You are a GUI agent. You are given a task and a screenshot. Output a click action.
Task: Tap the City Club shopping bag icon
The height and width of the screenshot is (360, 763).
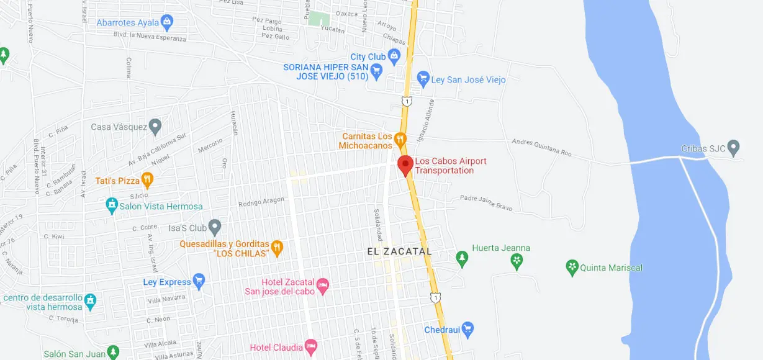pyautogui.click(x=394, y=56)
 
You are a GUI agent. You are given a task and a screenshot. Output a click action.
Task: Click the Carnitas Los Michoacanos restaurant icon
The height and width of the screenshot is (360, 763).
pyautogui.click(x=400, y=138)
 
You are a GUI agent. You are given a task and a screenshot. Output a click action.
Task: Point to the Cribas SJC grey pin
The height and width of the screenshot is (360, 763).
pyautogui.click(x=734, y=148)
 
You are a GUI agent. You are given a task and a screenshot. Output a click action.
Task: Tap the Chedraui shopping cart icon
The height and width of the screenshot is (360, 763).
pyautogui.click(x=467, y=329)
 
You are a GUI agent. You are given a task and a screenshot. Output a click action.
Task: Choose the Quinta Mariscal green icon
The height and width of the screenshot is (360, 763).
pyautogui.click(x=572, y=268)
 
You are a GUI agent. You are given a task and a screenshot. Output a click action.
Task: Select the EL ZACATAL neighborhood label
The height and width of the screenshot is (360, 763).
pyautogui.click(x=399, y=251)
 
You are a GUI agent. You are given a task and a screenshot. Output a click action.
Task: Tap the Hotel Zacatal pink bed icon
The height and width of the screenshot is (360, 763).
pyautogui.click(x=322, y=286)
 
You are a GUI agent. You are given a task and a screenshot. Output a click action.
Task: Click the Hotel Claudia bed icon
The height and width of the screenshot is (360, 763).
pyautogui.click(x=311, y=347)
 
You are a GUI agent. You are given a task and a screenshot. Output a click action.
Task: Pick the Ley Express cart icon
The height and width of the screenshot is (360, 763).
pyautogui.click(x=199, y=282)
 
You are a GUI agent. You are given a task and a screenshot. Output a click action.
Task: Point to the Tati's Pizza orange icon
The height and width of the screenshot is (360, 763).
pyautogui.click(x=147, y=181)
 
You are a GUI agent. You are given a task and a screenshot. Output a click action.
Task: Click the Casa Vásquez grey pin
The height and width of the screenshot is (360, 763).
pyautogui.click(x=155, y=127)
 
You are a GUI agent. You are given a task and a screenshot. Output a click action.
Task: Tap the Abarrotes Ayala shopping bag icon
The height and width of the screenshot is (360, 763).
pyautogui.click(x=166, y=23)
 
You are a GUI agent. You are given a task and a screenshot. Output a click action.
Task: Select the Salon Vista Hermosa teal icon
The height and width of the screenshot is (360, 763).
pyautogui.click(x=112, y=205)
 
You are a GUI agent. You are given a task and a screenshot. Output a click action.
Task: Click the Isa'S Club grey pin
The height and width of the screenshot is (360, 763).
pyautogui.click(x=215, y=227)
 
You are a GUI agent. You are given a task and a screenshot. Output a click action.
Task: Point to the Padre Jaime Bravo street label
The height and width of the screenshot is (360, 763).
pyautogui.click(x=486, y=203)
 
